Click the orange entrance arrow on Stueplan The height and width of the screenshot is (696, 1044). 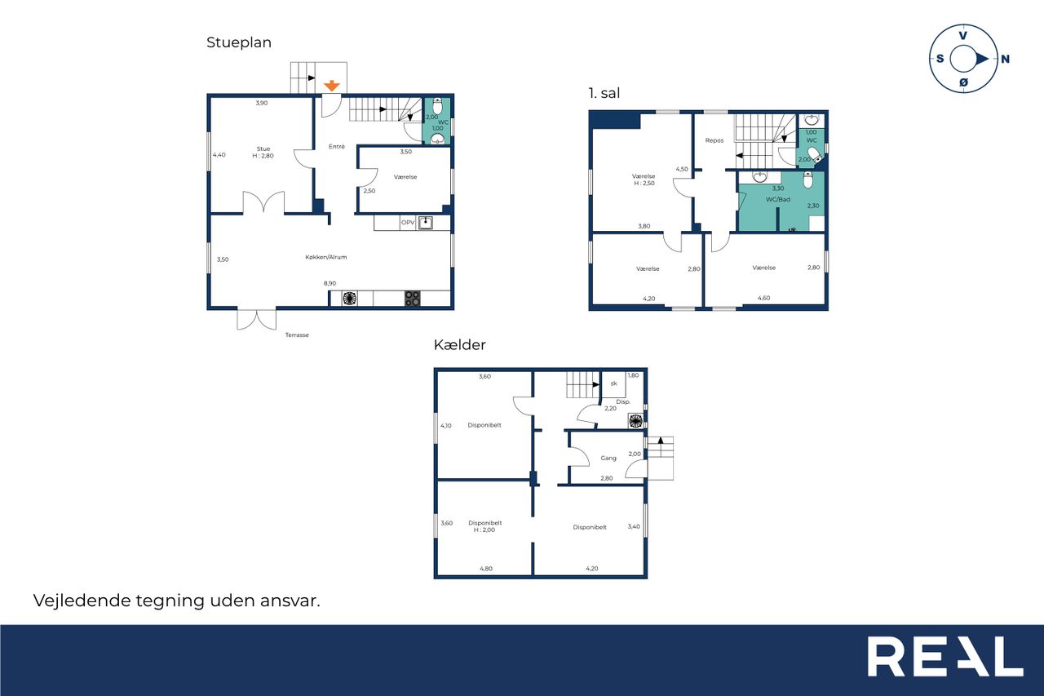tap(331, 86)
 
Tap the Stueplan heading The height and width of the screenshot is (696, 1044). tap(239, 42)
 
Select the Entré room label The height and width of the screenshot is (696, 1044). tap(337, 146)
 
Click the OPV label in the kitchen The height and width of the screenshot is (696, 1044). tap(407, 223)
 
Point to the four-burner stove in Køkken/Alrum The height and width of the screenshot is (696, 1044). tap(412, 299)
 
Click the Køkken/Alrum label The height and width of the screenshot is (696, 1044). tap(325, 257)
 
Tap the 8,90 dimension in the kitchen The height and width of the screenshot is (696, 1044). tap(330, 283)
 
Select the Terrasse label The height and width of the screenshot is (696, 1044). tap(297, 335)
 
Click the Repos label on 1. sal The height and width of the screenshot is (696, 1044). tap(714, 140)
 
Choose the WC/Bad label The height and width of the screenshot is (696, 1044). tap(778, 199)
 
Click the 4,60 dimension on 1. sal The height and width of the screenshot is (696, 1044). tap(763, 298)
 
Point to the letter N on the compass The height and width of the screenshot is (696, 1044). tap(1005, 60)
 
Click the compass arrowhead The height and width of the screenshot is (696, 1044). tap(982, 60)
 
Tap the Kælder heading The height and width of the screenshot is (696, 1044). tap(459, 345)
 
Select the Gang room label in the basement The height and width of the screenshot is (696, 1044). tap(608, 459)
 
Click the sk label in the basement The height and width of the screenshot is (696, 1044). tap(613, 383)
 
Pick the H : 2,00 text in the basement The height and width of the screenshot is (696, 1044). tap(484, 530)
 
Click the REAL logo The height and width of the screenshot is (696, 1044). tap(945, 656)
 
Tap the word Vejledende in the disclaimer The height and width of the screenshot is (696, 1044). tap(82, 601)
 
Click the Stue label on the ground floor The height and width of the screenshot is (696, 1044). tap(263, 149)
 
